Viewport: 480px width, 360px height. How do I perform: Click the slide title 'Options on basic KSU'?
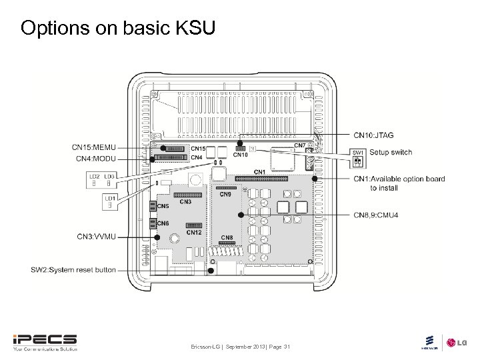118,28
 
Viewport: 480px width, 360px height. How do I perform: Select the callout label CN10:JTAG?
373,135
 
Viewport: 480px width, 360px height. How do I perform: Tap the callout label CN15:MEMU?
93,147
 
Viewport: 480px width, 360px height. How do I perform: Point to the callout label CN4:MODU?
95,158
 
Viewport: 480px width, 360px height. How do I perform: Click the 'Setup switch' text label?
391,153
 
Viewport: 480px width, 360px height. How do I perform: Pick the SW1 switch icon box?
358,158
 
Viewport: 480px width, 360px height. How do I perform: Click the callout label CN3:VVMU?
96,237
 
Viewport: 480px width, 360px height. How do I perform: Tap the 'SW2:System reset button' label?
73,270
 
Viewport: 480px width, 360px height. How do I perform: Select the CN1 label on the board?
259,172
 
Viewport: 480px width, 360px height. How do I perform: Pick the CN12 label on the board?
193,233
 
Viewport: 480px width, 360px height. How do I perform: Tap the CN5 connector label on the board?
163,206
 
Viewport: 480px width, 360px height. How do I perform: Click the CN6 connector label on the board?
163,223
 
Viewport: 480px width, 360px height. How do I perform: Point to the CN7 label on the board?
299,145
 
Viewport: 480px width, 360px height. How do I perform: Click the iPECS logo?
45,341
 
